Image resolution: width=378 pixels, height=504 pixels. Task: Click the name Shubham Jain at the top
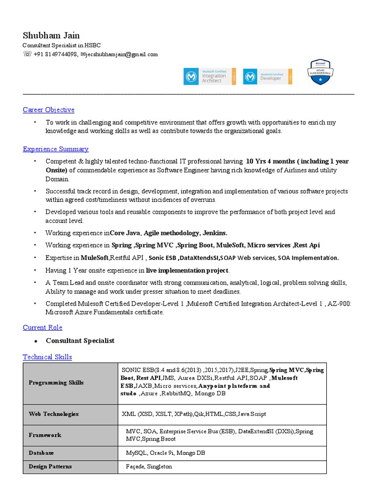(x=51, y=35)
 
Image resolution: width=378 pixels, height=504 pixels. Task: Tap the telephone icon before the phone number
(x=27, y=55)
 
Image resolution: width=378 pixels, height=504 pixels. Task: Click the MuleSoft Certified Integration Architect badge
(x=210, y=76)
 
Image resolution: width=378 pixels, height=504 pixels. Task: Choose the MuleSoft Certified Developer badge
(x=267, y=76)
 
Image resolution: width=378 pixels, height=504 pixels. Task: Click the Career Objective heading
(x=49, y=110)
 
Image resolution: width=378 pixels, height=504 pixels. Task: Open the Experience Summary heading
(x=56, y=149)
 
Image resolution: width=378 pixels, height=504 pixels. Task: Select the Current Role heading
(x=43, y=328)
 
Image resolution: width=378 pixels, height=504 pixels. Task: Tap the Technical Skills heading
(x=47, y=357)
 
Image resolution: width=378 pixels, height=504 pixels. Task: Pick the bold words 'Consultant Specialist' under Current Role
(x=80, y=341)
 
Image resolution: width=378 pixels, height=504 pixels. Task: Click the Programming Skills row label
(x=56, y=383)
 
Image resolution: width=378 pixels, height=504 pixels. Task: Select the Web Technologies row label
(x=54, y=414)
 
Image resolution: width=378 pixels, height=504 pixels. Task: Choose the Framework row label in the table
(x=45, y=435)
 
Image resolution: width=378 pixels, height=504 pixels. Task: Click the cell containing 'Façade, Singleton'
(x=149, y=467)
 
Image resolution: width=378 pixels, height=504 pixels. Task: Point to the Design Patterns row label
(x=50, y=467)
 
